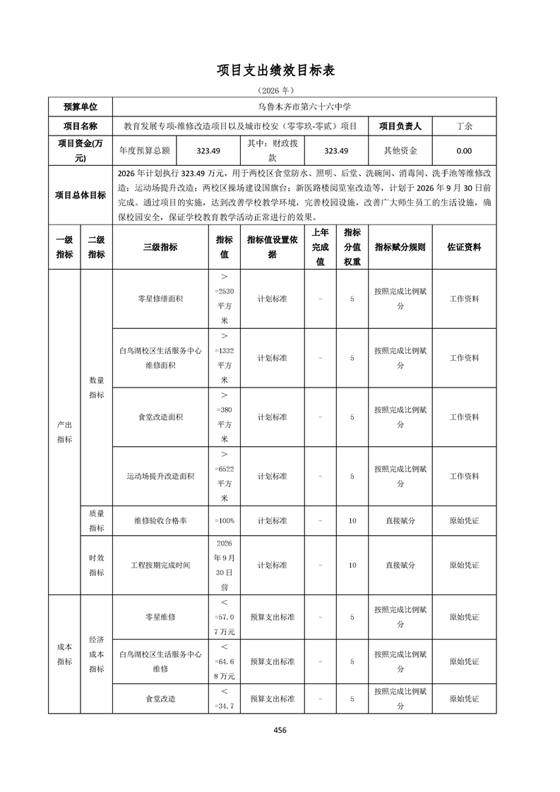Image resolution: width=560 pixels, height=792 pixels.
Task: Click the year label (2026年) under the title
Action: [x=280, y=90]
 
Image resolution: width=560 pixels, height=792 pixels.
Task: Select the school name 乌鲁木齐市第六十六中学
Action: [x=304, y=107]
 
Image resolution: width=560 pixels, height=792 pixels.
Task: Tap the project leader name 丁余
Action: [x=465, y=126]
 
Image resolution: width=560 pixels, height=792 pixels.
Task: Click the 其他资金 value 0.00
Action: [x=465, y=150]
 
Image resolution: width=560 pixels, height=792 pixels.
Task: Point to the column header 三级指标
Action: [x=160, y=247]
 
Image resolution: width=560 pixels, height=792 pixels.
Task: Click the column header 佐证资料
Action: [x=465, y=247]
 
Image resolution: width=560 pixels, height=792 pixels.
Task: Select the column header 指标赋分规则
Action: [x=400, y=247]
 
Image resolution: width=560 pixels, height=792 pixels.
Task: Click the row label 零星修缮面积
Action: [x=160, y=299]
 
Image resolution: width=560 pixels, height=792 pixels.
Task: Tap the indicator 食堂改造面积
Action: [x=160, y=417]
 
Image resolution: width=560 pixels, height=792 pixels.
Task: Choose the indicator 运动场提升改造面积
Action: [x=160, y=476]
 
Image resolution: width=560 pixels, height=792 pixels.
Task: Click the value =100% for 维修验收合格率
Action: [x=225, y=520]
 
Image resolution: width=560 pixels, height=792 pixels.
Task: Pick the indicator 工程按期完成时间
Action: [x=160, y=565]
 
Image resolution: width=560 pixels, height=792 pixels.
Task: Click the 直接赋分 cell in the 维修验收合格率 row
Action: [x=400, y=520]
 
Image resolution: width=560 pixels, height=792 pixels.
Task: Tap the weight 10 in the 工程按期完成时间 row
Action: [x=352, y=565]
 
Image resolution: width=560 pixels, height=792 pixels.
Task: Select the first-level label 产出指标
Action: [x=64, y=432]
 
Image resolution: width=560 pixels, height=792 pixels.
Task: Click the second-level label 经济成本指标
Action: [x=97, y=654]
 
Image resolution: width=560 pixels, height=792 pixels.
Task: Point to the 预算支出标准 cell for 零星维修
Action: [x=272, y=617]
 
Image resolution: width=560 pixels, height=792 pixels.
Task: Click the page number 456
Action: [x=280, y=731]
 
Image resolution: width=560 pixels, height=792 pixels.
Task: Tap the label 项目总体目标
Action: [x=81, y=196]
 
